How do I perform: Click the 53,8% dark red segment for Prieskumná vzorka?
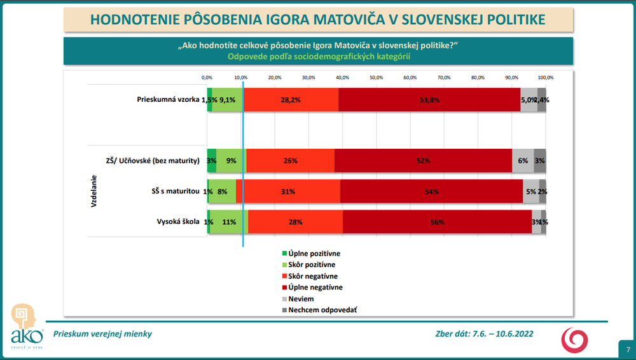tap(429, 100)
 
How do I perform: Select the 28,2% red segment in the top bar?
tap(291, 100)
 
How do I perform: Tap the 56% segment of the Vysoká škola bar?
tap(437, 222)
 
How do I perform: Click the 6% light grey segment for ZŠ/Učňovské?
tap(523, 161)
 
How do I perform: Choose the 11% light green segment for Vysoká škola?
tap(229, 222)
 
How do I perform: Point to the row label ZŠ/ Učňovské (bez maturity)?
tap(153, 161)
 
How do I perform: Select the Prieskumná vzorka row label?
tap(168, 100)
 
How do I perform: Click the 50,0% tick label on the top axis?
tap(376, 77)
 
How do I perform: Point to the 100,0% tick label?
tap(545, 77)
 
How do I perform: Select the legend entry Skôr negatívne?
tap(312, 276)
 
